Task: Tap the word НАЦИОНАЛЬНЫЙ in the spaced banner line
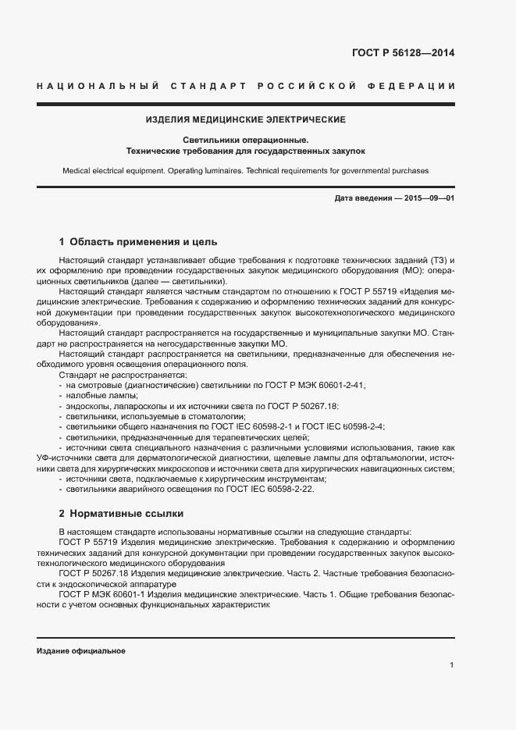(98, 85)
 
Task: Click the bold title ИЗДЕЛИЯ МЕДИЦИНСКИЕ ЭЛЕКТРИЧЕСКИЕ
(246, 120)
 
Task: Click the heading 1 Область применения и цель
(138, 241)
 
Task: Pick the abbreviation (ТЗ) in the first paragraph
(430, 259)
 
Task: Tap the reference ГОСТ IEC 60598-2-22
(264, 488)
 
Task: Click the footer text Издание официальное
(81, 650)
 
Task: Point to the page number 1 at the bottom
(451, 665)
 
